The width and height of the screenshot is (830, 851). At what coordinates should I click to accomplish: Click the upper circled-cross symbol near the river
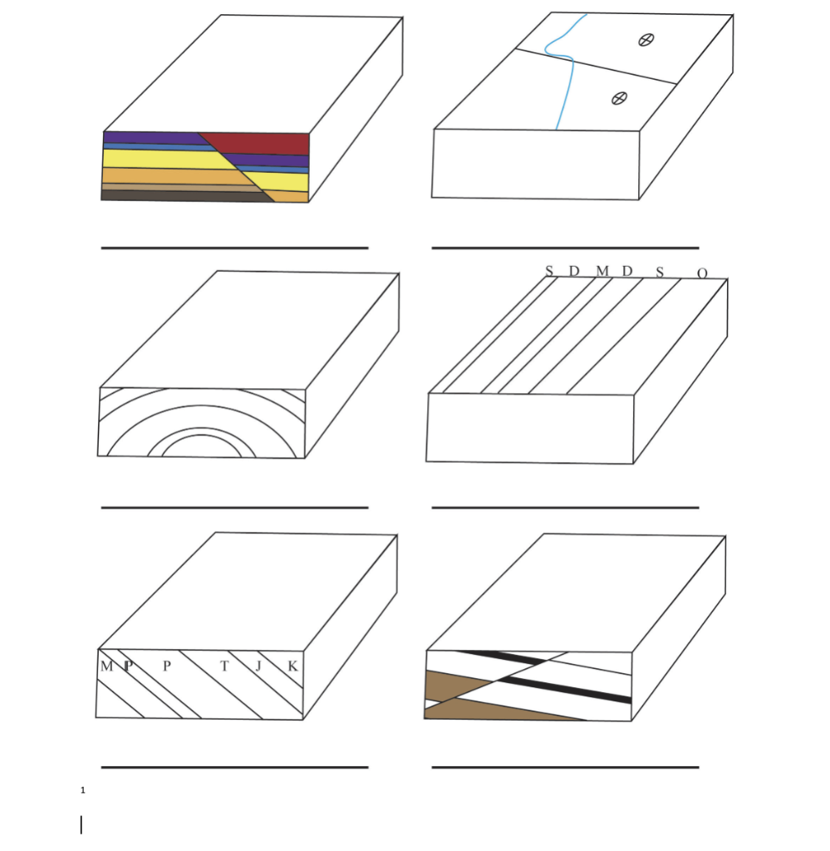(645, 39)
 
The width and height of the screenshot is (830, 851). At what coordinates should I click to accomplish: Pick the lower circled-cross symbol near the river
(618, 98)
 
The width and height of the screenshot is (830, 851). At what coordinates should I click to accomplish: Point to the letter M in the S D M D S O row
(602, 271)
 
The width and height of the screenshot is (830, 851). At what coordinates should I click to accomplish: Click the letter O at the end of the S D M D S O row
(702, 273)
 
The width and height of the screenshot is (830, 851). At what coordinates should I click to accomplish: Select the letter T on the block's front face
(223, 666)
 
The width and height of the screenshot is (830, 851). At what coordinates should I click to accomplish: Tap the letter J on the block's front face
(258, 666)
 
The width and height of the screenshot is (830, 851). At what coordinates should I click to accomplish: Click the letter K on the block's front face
(292, 666)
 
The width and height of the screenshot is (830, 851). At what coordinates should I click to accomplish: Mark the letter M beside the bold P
(106, 666)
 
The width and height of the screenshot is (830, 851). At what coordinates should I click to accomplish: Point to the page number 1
(83, 790)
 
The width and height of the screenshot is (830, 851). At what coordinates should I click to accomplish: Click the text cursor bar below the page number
(81, 824)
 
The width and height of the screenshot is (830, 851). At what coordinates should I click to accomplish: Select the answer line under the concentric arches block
(234, 507)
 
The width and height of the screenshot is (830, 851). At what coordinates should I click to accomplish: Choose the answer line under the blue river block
(565, 248)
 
